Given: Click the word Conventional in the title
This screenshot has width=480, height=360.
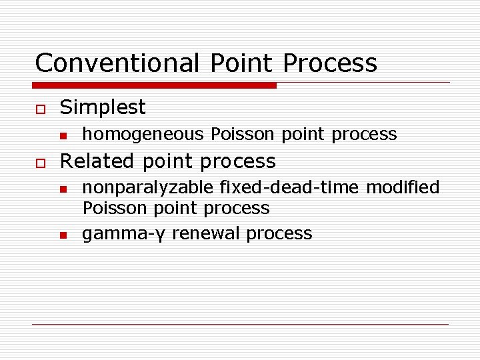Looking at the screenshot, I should (x=117, y=63).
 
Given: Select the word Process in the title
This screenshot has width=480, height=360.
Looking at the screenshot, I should (x=330, y=63).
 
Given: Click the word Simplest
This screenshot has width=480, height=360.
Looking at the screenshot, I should (x=103, y=107).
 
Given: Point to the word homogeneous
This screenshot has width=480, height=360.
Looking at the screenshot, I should (x=143, y=134).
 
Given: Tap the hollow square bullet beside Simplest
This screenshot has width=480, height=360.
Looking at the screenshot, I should (x=40, y=108).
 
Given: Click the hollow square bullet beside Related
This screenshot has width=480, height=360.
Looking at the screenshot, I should (x=40, y=162).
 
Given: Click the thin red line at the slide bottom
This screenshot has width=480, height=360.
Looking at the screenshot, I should (x=240, y=324).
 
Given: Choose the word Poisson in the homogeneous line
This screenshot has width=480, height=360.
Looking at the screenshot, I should (x=242, y=134).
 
